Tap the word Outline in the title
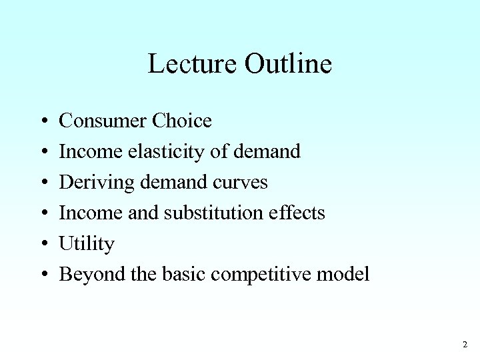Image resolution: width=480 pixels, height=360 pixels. (288, 64)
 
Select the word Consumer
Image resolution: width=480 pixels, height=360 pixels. (103, 121)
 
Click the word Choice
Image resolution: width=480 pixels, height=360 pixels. (182, 121)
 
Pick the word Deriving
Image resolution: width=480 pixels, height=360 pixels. (91, 182)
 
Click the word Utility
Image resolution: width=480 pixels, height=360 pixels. (87, 244)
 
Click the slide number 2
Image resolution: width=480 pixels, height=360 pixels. (464, 345)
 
